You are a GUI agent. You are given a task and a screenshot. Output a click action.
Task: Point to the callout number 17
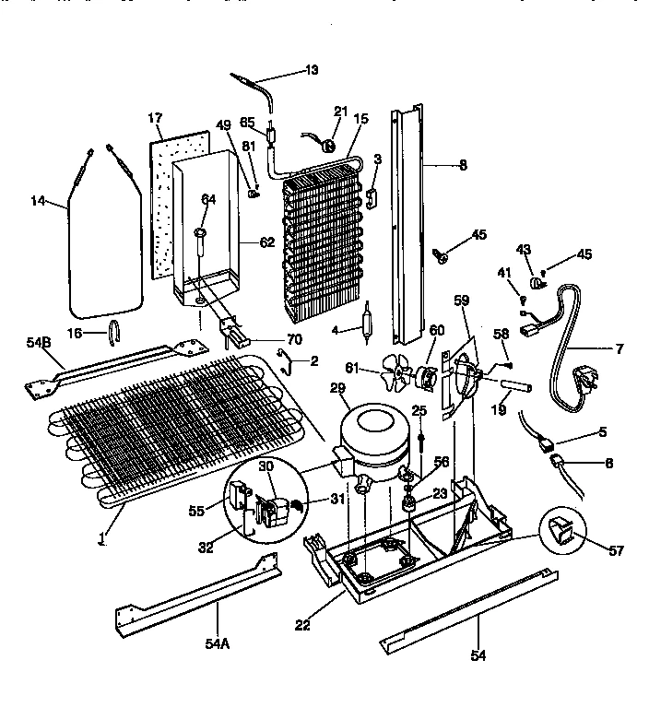pos(155,118)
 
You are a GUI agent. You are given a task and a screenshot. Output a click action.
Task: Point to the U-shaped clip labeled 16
pos(114,329)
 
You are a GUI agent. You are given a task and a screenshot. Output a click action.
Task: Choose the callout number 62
pos(267,243)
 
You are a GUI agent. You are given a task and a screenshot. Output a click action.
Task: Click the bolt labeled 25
pos(420,436)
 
